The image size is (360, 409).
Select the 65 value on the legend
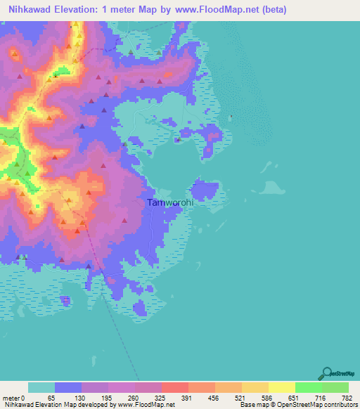coord(51,398)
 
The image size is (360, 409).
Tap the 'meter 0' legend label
coord(14,398)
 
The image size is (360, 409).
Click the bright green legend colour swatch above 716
coord(309,387)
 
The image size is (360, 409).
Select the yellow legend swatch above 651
coord(282,387)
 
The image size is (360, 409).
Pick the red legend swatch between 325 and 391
coord(175,387)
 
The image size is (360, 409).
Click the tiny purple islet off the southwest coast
coord(65,301)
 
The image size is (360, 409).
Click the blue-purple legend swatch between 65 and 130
coord(68,387)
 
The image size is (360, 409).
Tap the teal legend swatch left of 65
coord(41,387)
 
